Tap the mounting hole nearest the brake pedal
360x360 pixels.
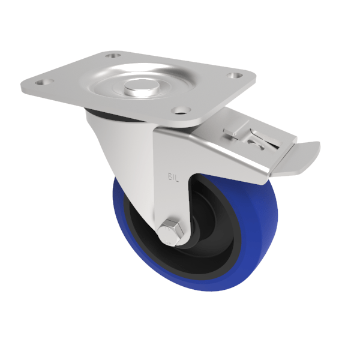tap(235, 76)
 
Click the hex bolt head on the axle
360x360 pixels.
tap(170, 231)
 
